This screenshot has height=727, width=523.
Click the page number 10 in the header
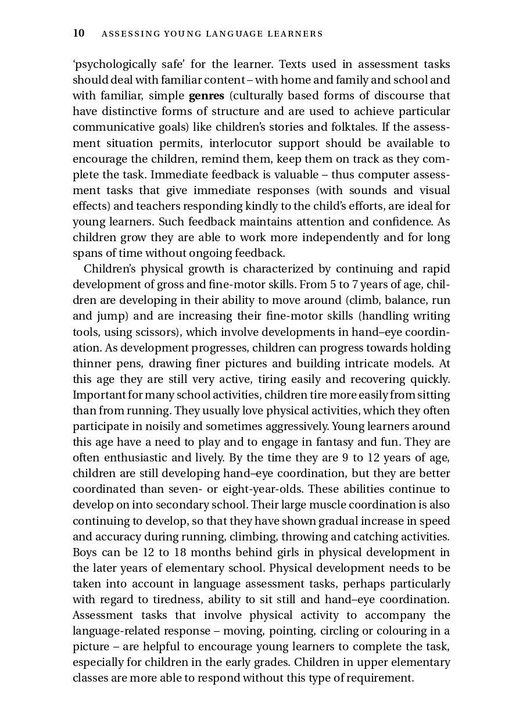[78, 33]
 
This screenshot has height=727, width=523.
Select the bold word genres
[206, 95]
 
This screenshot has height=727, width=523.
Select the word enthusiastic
[134, 457]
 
